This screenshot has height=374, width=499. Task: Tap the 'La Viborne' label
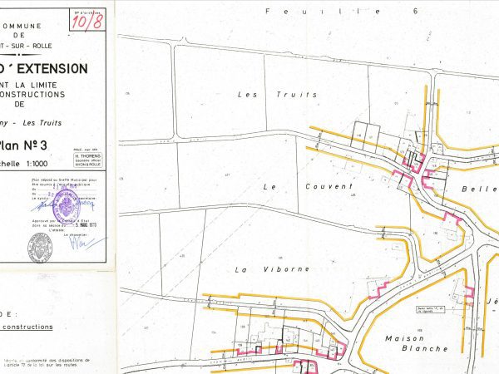259,269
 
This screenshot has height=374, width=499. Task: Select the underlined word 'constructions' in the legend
27,327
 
